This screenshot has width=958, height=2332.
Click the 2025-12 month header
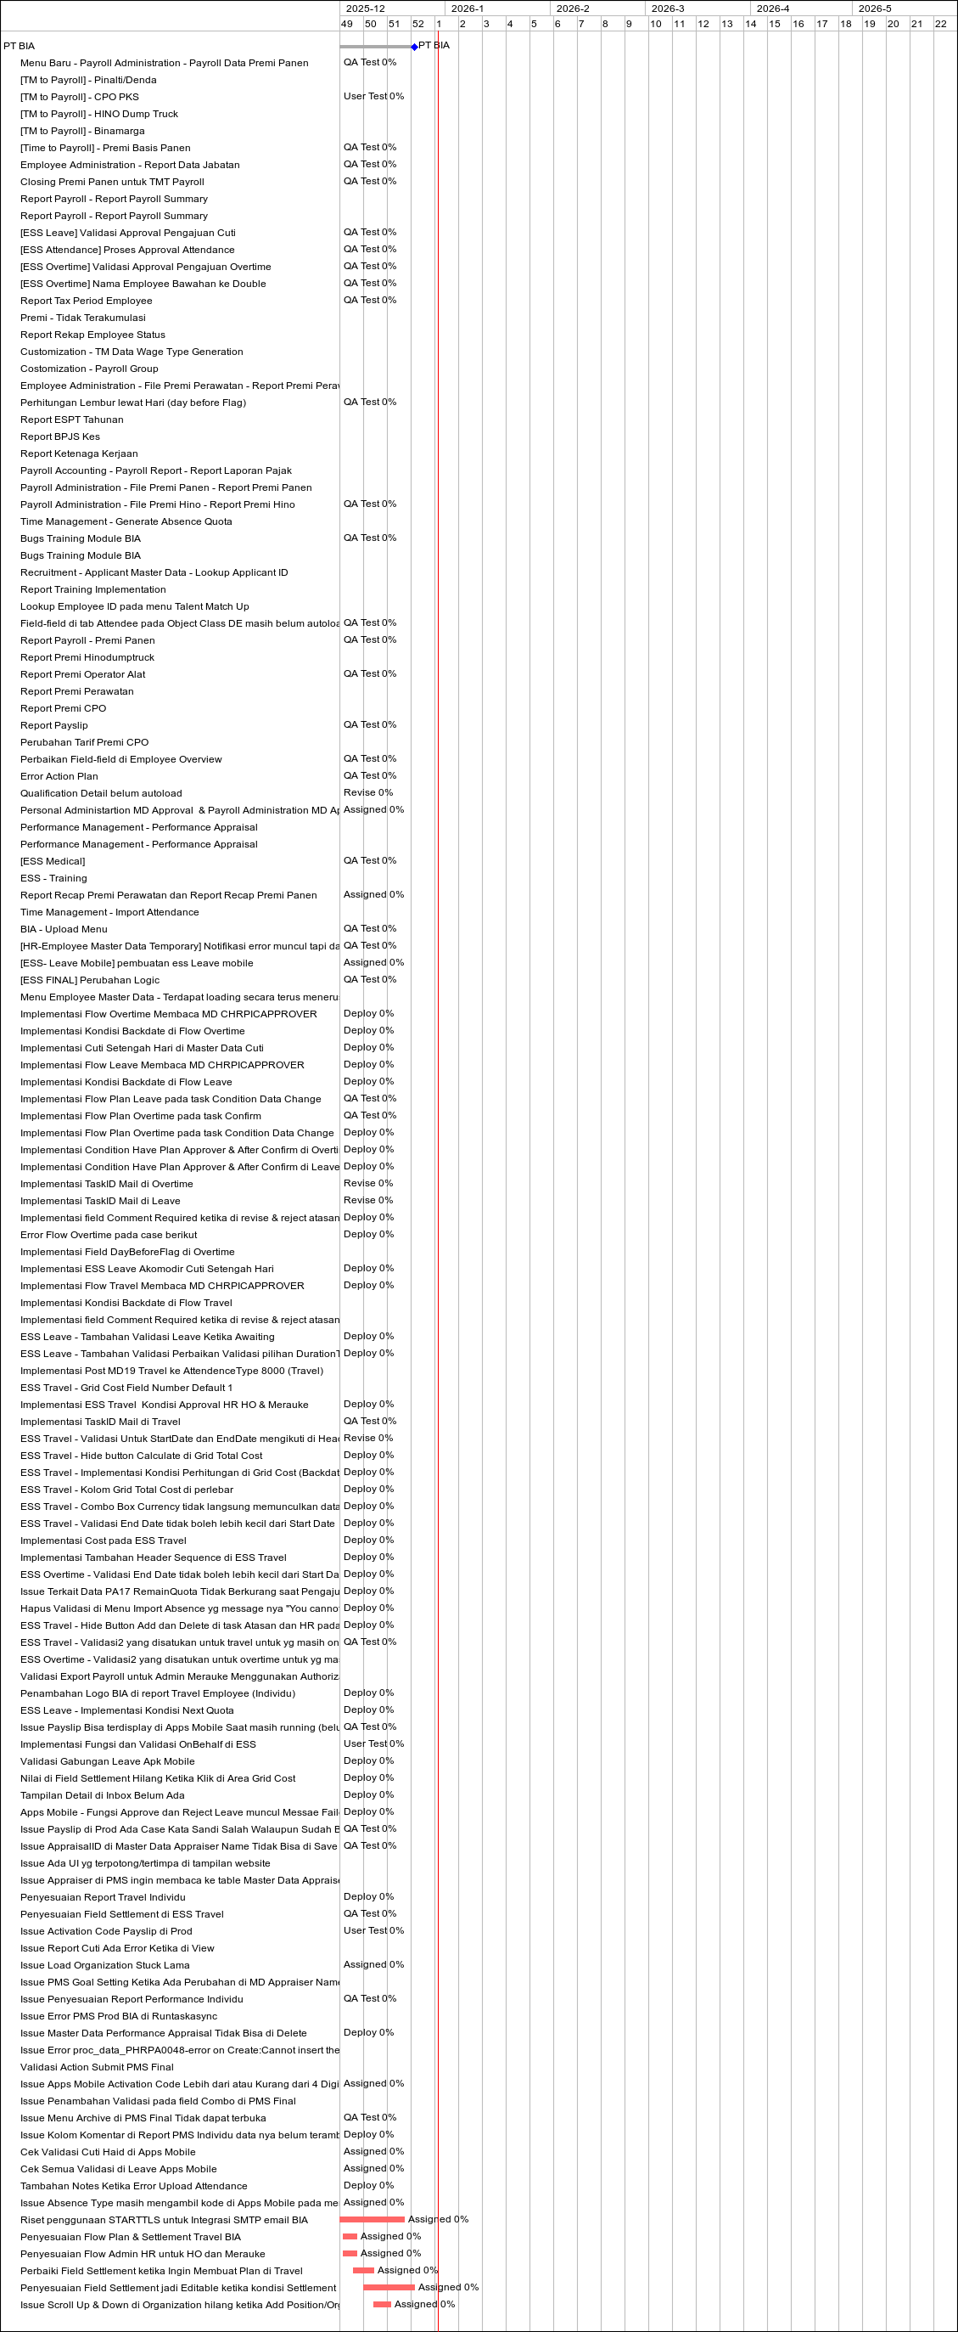click(x=365, y=8)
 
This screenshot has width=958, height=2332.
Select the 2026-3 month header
click(x=668, y=8)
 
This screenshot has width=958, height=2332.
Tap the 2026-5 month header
click(x=874, y=8)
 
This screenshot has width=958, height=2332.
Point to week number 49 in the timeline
click(x=346, y=24)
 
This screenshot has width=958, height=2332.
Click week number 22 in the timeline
click(x=941, y=24)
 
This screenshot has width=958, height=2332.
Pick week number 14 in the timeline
click(x=751, y=24)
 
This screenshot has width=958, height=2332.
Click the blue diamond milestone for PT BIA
click(x=414, y=46)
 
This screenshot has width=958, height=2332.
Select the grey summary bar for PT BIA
click(x=375, y=46)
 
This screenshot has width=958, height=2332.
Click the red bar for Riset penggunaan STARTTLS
click(x=372, y=2220)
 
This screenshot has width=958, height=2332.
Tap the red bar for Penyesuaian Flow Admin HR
click(x=350, y=2254)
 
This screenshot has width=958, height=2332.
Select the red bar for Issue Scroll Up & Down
click(x=382, y=2305)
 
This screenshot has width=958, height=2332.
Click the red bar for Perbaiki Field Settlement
click(x=363, y=2271)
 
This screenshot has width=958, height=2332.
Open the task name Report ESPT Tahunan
click(x=71, y=420)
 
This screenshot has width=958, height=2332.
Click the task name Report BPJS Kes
click(x=59, y=437)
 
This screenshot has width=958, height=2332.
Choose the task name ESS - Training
click(x=53, y=879)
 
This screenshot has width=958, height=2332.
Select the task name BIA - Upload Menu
click(x=64, y=930)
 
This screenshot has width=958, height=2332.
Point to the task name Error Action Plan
click(x=59, y=777)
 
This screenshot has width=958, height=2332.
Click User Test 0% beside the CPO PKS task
click(x=373, y=96)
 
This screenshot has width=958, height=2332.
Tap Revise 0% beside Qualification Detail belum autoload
click(x=368, y=793)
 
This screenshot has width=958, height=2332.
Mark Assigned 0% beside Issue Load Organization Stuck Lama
click(x=373, y=1965)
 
